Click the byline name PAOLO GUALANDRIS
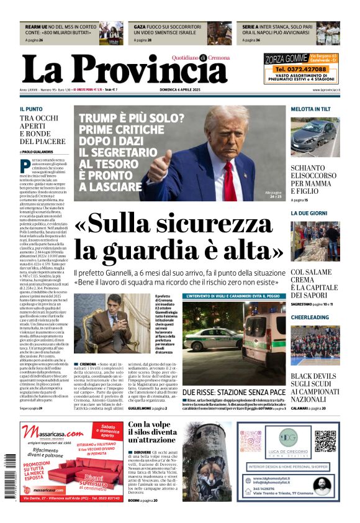coord(38,152)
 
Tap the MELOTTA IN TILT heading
coord(311,109)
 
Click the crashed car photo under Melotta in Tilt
coord(315,138)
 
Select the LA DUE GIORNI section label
coord(309,213)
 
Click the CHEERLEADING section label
coord(310,317)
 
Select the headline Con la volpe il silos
coord(152,432)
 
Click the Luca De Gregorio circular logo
coord(287,437)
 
